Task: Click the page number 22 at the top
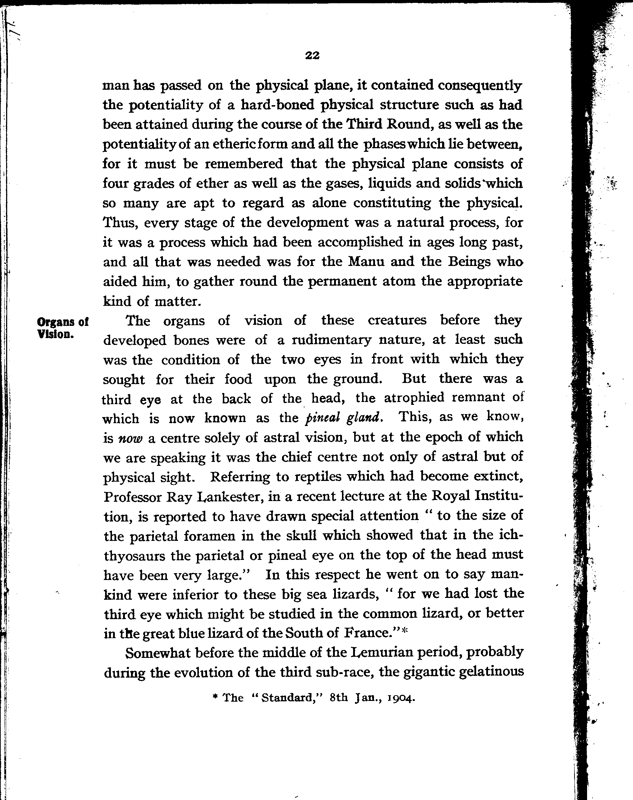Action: (312, 56)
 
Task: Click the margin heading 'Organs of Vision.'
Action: (62, 328)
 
